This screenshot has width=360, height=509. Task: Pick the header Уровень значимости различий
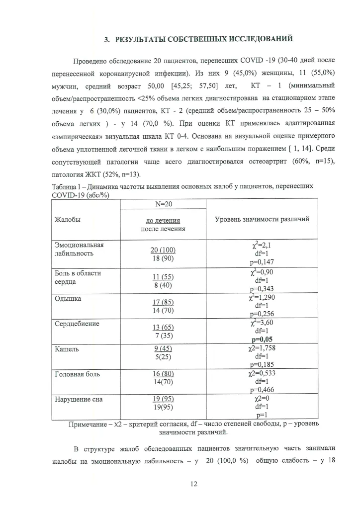(x=262, y=219)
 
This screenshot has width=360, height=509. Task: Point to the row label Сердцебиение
(x=77, y=324)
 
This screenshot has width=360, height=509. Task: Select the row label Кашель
(x=67, y=349)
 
